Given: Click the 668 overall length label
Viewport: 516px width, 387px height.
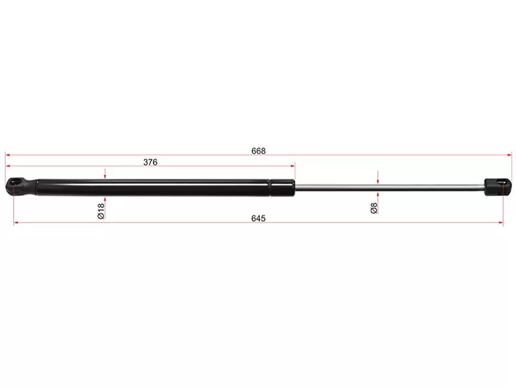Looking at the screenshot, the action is [x=259, y=151].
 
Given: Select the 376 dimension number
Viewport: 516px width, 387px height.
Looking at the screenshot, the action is [x=150, y=163].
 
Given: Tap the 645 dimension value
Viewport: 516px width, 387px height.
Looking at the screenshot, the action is [x=259, y=219].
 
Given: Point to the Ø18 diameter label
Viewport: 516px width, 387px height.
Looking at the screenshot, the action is [x=101, y=211].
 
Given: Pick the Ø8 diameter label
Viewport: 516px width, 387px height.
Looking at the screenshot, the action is [x=374, y=208].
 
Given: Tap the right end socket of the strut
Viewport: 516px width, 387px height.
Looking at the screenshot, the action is [x=498, y=186].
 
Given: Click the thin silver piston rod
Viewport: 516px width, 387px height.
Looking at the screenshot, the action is [x=390, y=187].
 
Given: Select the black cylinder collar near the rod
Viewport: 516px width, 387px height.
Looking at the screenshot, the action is [x=283, y=188].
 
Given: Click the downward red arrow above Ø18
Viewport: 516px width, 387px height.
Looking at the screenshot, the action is [x=105, y=174].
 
